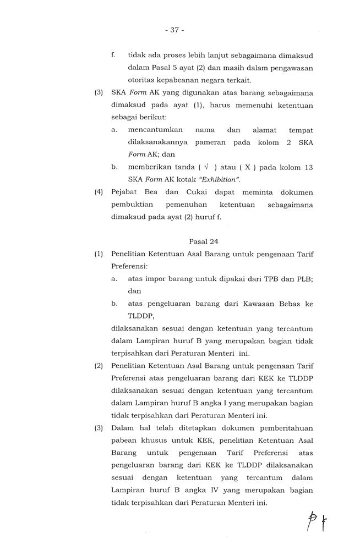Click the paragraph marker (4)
99,193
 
